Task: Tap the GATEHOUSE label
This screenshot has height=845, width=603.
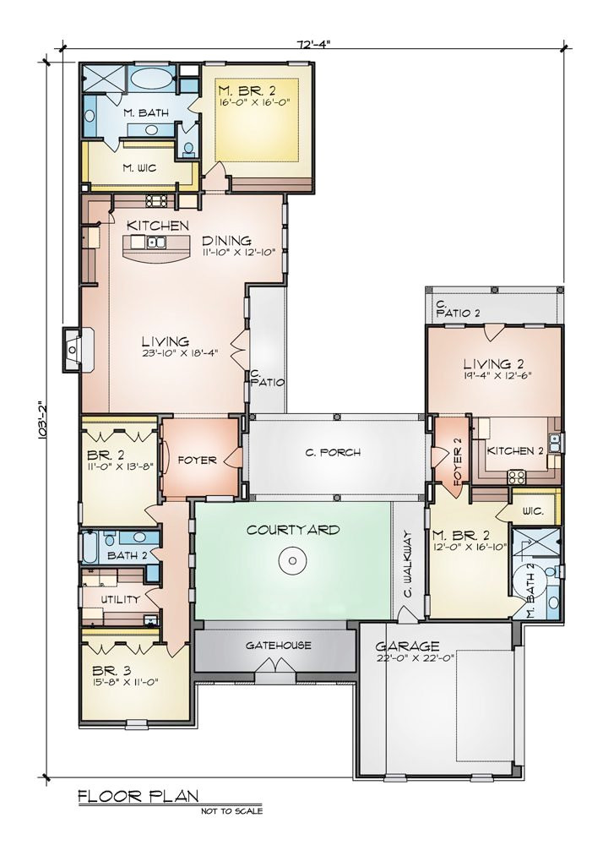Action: [279, 645]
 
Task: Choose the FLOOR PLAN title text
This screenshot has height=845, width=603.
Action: [139, 796]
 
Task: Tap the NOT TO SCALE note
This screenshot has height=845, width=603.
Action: [232, 810]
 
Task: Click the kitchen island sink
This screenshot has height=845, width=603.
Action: [157, 242]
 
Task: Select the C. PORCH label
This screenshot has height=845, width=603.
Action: [333, 453]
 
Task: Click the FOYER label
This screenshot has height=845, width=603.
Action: [197, 461]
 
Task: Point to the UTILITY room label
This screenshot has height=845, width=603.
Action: [121, 599]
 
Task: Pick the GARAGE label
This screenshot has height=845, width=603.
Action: [408, 646]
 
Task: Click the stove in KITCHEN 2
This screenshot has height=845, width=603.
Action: [517, 477]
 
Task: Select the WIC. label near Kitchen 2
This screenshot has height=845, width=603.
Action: [533, 511]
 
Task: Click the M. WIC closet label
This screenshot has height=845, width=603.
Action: [139, 168]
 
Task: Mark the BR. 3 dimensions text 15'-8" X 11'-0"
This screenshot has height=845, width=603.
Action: [126, 682]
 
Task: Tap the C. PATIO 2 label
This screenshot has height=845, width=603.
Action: [458, 308]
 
